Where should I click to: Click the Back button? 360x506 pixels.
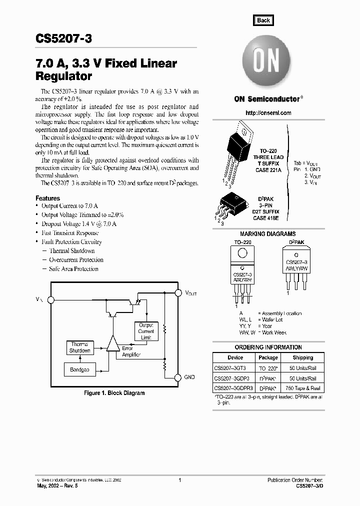263,20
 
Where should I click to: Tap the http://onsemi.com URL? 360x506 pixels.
268,113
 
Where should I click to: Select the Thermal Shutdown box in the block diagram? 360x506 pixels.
79,347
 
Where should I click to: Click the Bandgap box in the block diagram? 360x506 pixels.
79,370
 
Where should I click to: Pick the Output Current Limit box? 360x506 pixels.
146,331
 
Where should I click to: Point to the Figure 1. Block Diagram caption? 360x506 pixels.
114,393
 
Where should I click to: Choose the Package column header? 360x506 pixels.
268,357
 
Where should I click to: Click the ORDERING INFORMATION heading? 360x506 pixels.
268,347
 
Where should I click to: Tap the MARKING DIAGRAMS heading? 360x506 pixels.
267,234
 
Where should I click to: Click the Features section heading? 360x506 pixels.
47,198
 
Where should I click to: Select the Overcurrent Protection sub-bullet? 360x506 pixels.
76,260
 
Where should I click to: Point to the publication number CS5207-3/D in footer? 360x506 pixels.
310,486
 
